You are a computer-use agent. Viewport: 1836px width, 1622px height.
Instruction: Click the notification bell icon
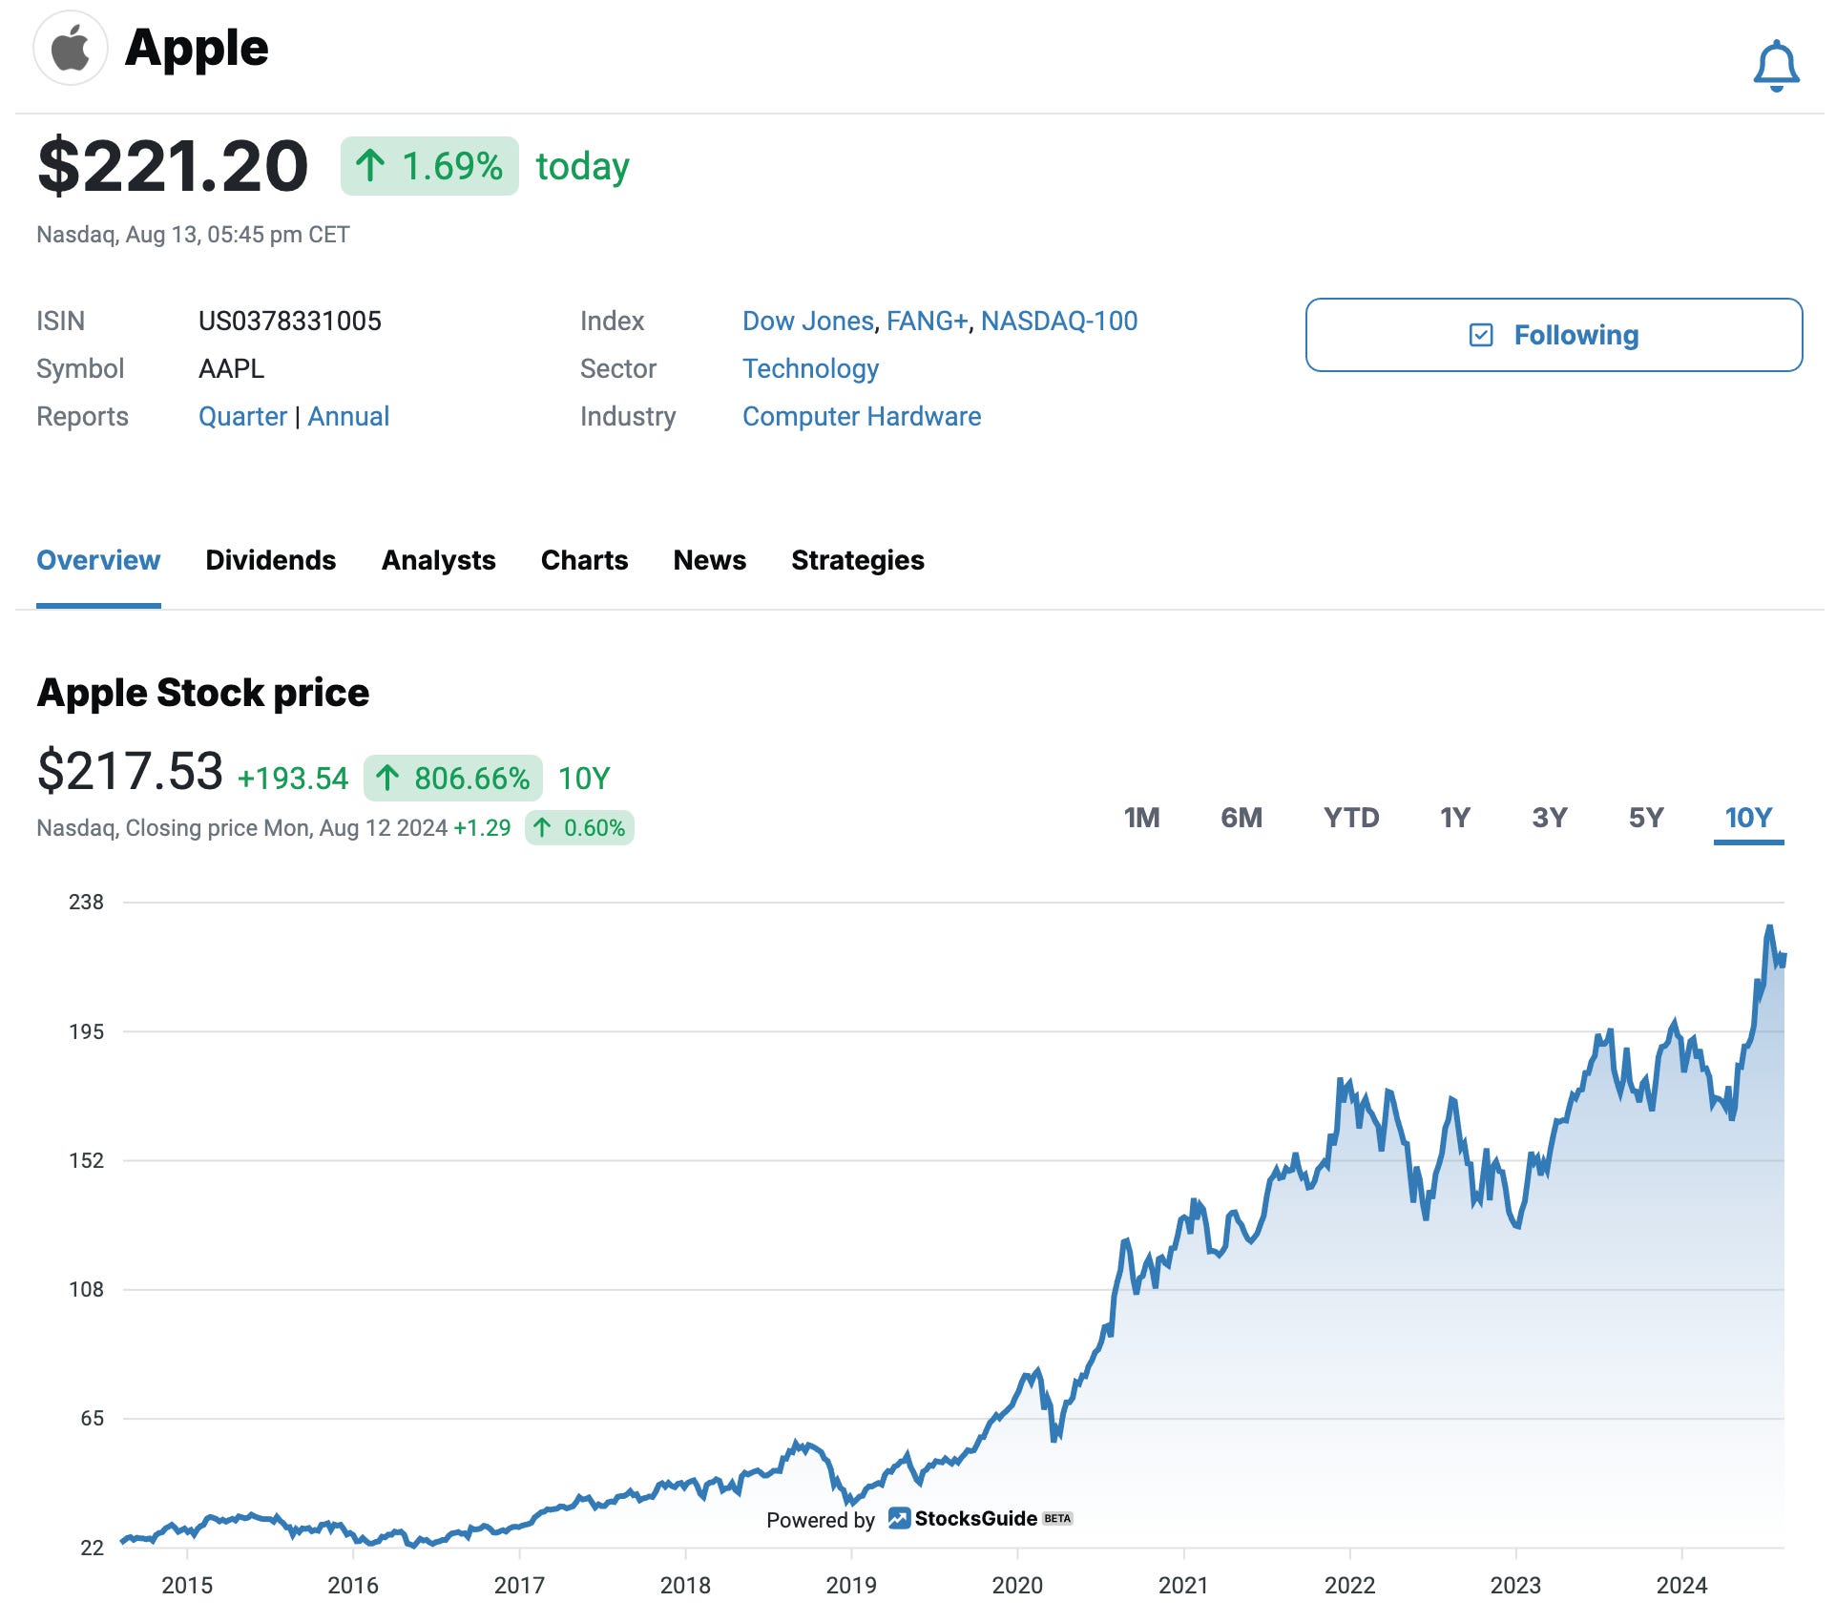click(x=1776, y=66)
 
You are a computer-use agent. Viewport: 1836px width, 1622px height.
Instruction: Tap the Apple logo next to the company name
click(x=70, y=48)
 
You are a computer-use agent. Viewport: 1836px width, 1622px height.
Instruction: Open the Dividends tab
click(x=270, y=560)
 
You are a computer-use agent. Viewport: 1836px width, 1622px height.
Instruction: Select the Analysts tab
click(x=438, y=560)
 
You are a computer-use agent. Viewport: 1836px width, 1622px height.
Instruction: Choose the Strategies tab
click(x=857, y=560)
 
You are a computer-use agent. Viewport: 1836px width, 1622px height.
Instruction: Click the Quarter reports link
click(x=242, y=417)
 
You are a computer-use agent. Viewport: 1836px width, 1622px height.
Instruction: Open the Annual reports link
click(x=348, y=417)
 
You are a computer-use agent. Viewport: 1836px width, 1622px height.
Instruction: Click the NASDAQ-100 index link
click(x=1058, y=322)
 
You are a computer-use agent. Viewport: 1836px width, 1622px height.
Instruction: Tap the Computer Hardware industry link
click(x=861, y=417)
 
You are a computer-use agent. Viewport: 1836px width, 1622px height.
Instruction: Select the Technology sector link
click(x=810, y=369)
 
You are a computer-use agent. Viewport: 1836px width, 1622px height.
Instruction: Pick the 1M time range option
click(x=1141, y=818)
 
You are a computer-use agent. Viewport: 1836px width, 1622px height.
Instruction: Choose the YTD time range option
click(x=1350, y=818)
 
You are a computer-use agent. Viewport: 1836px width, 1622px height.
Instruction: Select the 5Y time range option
click(x=1645, y=818)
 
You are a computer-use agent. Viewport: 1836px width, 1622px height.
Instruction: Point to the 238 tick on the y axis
click(x=86, y=902)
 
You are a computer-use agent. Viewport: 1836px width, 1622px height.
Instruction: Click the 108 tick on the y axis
click(x=86, y=1289)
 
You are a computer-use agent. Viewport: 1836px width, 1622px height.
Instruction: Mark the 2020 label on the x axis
click(x=1016, y=1585)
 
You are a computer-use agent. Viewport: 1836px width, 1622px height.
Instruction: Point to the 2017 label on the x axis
click(x=518, y=1585)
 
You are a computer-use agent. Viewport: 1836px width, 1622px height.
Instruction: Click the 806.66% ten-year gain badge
click(x=453, y=779)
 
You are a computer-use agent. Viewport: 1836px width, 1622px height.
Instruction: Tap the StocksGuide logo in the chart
click(x=964, y=1518)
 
